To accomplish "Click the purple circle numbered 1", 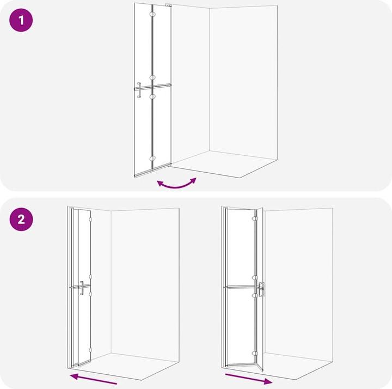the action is (x=21, y=20).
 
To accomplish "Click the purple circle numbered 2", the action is (x=21, y=220).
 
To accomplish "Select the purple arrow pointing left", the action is (x=93, y=379).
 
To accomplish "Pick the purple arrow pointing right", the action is (x=249, y=379).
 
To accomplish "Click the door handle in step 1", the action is (x=139, y=90).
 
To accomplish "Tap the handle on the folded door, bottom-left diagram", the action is (x=82, y=288).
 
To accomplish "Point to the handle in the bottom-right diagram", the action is (x=261, y=289).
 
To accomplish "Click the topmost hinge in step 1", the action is (x=152, y=14).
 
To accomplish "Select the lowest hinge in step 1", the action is (x=152, y=159).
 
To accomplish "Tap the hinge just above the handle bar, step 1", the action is (x=152, y=77).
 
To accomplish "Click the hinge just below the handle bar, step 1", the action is (x=152, y=96).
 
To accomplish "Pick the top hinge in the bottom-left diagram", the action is (x=90, y=220).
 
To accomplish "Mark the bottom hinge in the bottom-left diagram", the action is (x=90, y=350).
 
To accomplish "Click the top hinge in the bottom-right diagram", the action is (x=255, y=218).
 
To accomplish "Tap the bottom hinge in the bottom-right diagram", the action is (x=255, y=354).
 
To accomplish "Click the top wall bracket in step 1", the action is (x=169, y=5).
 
